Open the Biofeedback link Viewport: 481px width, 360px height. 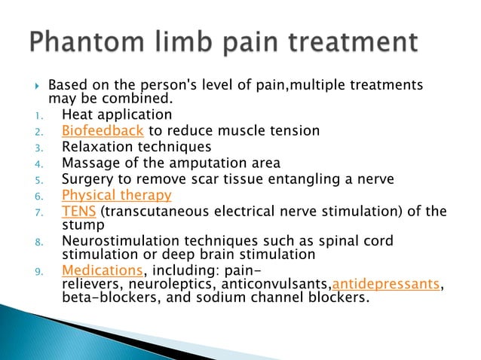102,131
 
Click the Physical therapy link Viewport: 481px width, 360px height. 117,195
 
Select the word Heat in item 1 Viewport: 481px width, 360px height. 77,115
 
